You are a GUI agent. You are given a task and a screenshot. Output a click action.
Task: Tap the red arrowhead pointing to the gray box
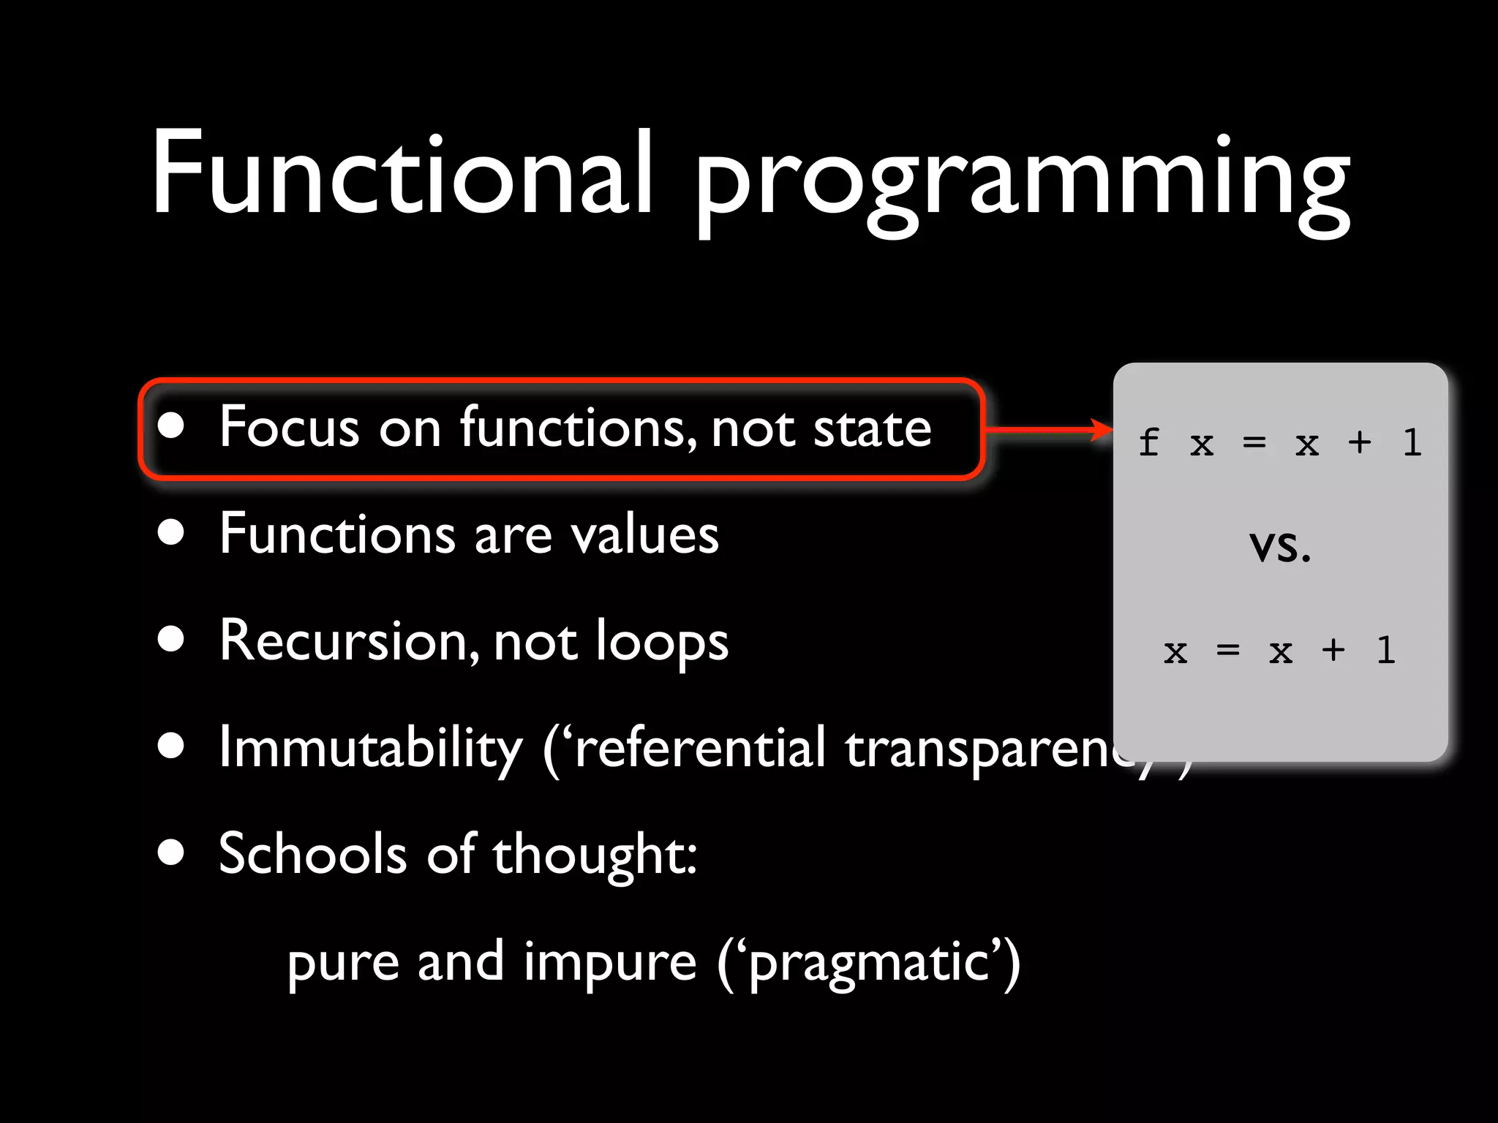pos(1101,429)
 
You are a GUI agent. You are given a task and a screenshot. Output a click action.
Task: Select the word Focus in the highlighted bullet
pos(289,427)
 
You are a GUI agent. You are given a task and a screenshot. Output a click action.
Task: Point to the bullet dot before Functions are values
pos(170,532)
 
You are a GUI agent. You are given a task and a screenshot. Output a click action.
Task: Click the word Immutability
pos(371,748)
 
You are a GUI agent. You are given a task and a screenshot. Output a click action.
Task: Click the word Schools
pos(312,854)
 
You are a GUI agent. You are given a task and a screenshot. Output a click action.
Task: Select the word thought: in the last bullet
pos(595,855)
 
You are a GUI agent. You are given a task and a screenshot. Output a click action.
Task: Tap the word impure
pos(610,964)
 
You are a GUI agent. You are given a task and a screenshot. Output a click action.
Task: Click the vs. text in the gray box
pos(1279,546)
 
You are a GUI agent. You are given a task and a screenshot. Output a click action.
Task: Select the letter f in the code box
pos(1148,442)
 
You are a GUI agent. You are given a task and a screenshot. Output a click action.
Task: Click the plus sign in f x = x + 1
pos(1359,442)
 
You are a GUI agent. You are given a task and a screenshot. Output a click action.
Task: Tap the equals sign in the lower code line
pos(1227,649)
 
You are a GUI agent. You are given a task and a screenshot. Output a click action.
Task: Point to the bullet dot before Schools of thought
pos(170,852)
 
